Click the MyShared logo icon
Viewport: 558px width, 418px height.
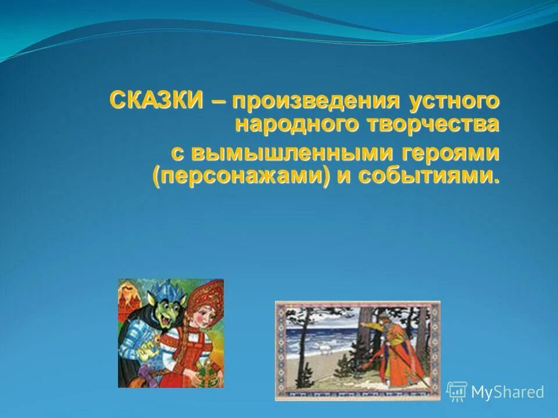click(x=456, y=391)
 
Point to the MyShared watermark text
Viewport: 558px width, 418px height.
click(x=507, y=392)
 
